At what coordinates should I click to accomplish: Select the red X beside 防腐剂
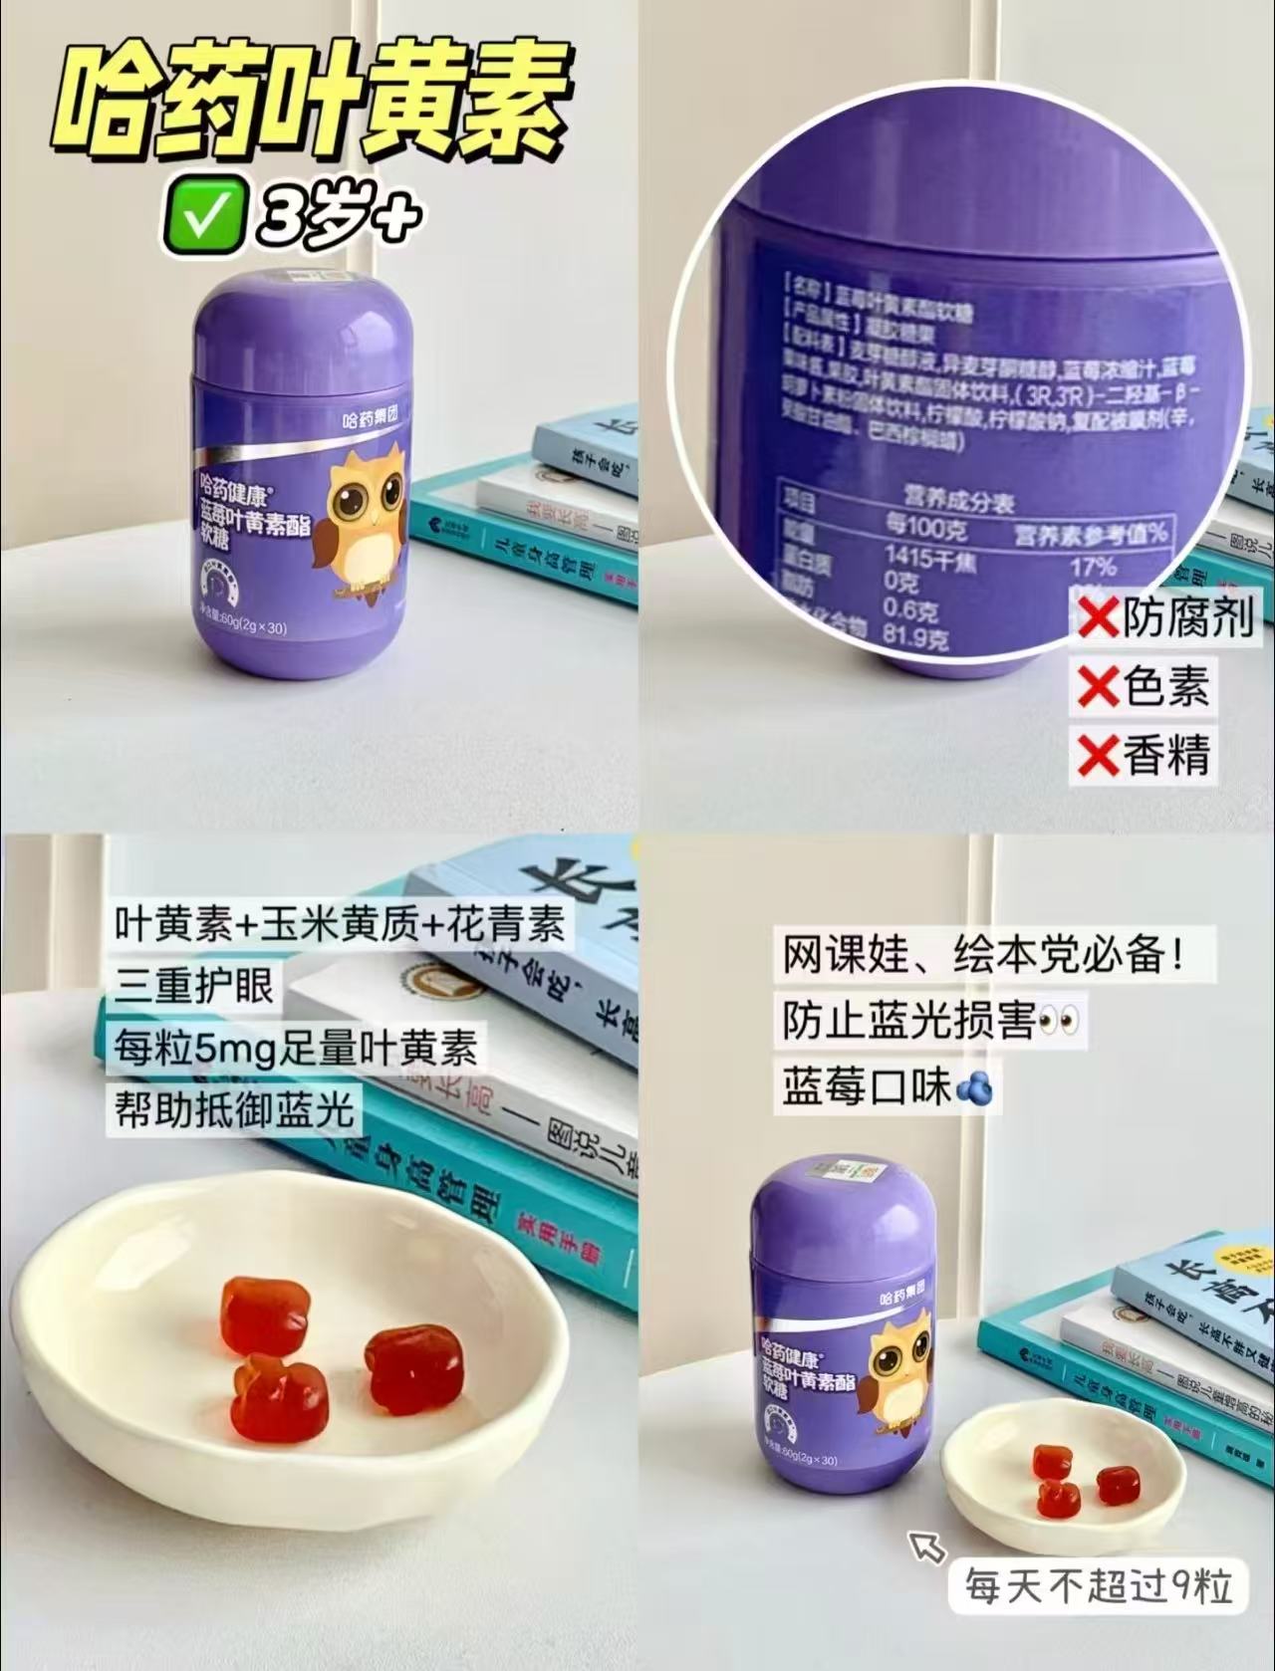(x=1097, y=619)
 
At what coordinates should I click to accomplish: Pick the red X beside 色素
(x=1097, y=687)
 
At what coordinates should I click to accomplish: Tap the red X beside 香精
(x=1097, y=754)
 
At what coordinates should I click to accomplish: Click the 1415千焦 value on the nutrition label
(x=931, y=560)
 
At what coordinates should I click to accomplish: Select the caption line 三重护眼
(x=194, y=985)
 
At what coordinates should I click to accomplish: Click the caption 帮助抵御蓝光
(x=234, y=1107)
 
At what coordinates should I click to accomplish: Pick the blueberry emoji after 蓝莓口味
(x=974, y=1087)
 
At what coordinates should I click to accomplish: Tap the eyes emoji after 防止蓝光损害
(x=1058, y=1022)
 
